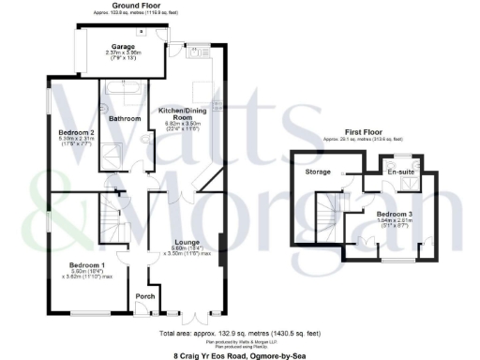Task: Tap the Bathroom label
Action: click(125, 119)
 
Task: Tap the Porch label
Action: click(145, 297)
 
